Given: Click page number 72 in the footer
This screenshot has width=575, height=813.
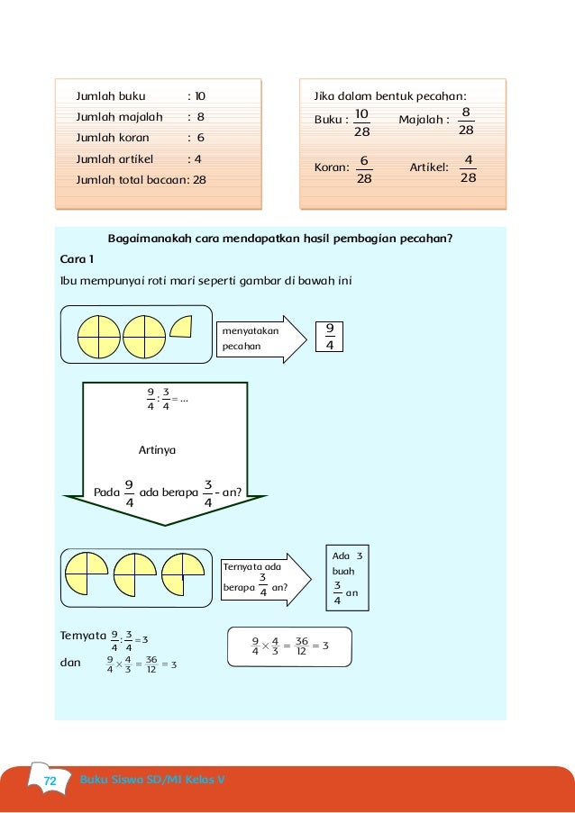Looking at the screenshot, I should [x=49, y=781].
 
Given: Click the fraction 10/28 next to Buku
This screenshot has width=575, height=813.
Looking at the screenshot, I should [x=361, y=122].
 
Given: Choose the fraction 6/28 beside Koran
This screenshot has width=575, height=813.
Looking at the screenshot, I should [x=364, y=170].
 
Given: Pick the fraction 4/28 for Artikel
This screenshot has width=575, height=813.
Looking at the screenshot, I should [x=467, y=170].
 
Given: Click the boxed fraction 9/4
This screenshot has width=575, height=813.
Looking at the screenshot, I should [x=330, y=338].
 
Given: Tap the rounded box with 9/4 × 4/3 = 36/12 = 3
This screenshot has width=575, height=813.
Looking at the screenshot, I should [x=289, y=646].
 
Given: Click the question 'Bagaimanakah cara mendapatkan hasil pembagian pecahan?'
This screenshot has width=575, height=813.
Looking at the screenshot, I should [x=279, y=239].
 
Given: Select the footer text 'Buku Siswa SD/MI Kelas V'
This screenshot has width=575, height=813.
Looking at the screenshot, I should [x=152, y=780].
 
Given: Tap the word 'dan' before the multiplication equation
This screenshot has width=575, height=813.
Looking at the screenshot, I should [x=69, y=663].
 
